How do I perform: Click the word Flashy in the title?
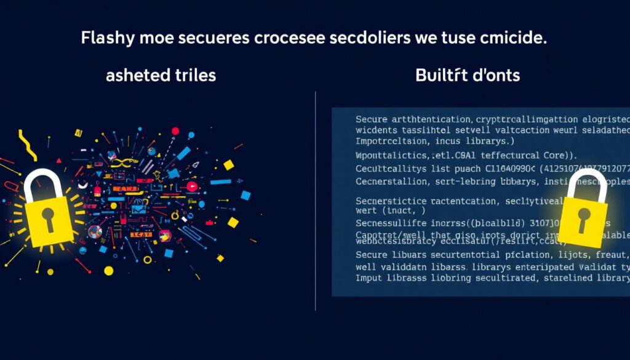[103, 38]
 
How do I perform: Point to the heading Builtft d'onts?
[468, 76]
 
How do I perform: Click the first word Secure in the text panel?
[373, 119]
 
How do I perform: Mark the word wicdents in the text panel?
[378, 131]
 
